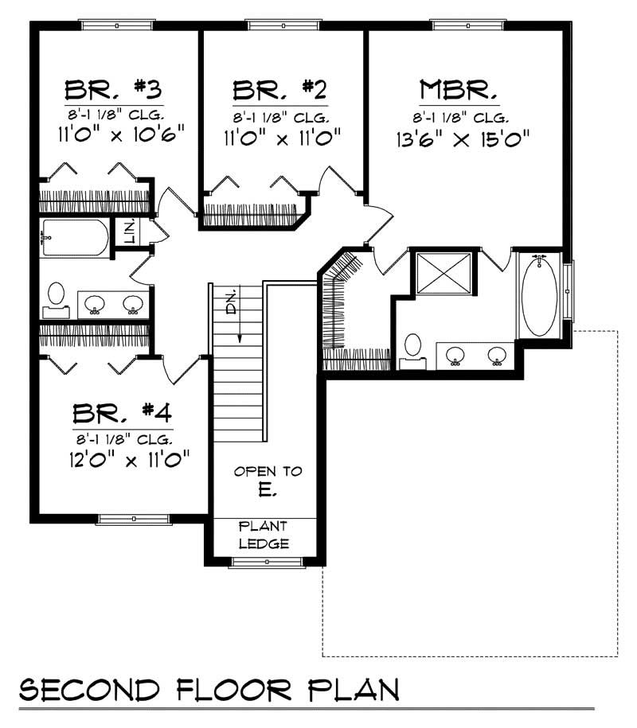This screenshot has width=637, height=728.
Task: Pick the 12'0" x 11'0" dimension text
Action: pyautogui.click(x=128, y=461)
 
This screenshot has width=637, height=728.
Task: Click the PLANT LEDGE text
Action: pyautogui.click(x=264, y=535)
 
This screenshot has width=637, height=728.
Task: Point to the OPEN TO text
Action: pyautogui.click(x=268, y=471)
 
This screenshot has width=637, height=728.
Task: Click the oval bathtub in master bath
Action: pyautogui.click(x=540, y=297)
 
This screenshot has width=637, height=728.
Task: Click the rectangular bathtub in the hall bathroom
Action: pyautogui.click(x=74, y=237)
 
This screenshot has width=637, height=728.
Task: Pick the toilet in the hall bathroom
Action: pyautogui.click(x=57, y=294)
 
